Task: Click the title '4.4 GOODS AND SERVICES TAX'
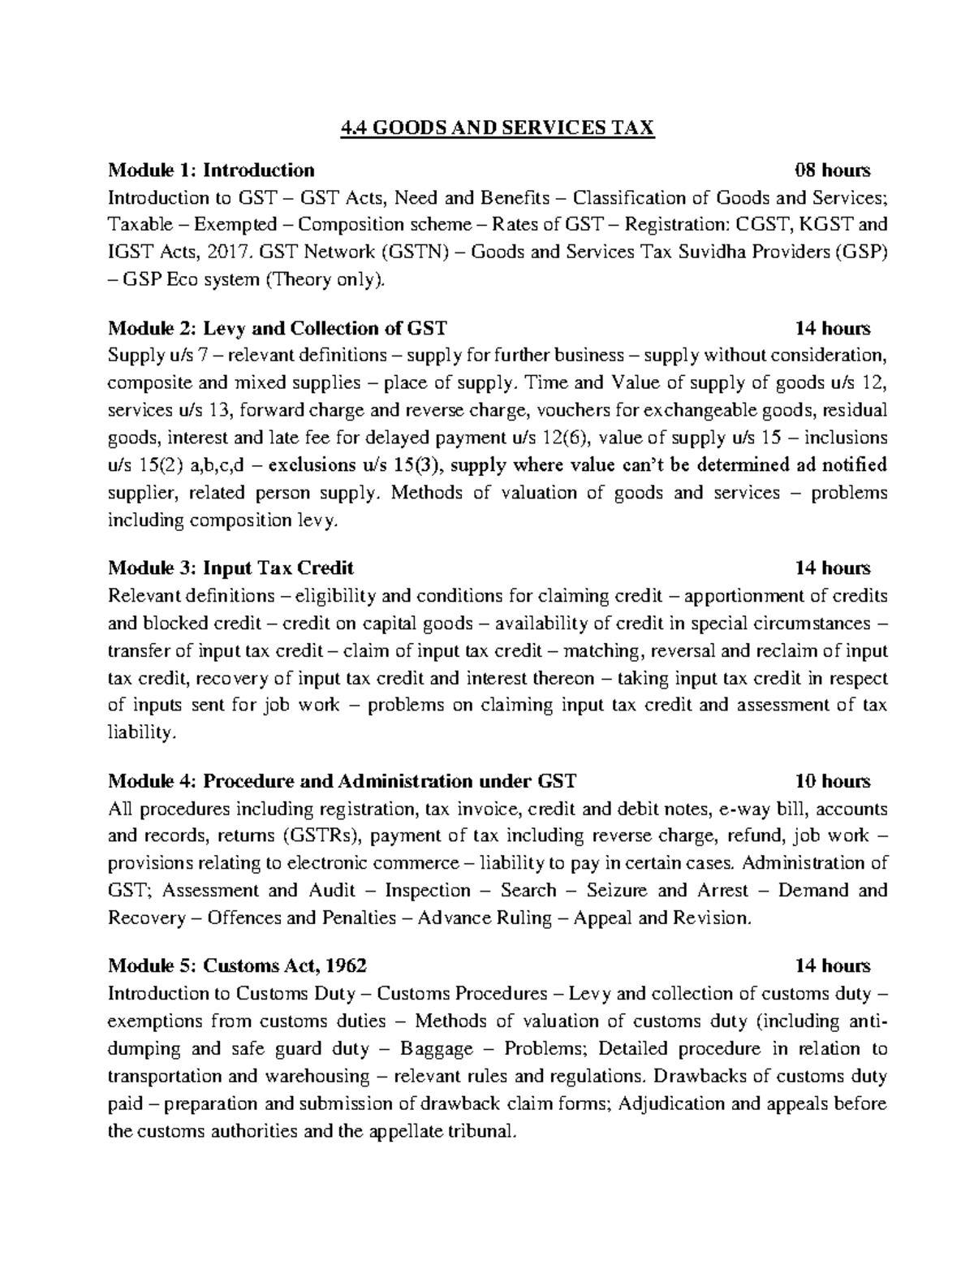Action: click(495, 128)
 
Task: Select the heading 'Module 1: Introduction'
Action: click(211, 171)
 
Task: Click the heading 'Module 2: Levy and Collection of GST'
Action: click(277, 328)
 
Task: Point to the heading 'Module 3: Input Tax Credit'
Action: click(231, 568)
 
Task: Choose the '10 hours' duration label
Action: click(833, 781)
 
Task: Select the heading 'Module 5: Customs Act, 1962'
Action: click(237, 965)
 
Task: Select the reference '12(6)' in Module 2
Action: click(562, 438)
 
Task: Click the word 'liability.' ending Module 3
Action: click(141, 733)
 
